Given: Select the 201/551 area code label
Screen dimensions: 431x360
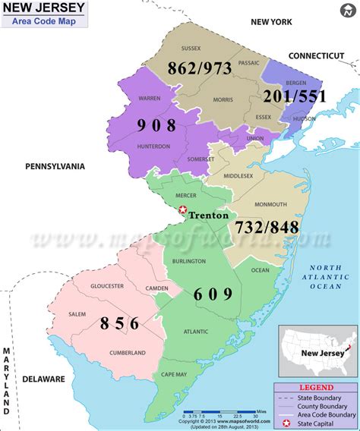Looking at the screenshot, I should point(295,96).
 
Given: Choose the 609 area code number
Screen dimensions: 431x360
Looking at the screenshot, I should point(213,294).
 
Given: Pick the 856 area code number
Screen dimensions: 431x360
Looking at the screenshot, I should point(120,323).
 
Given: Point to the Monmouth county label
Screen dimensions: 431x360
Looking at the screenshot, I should point(270,204).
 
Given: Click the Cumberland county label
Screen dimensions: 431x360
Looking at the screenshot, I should point(127,353).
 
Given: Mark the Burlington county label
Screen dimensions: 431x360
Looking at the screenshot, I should point(189,261).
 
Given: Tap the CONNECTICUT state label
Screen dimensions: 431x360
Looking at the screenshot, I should point(316,56).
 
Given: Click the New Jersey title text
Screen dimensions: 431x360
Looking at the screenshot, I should point(44,8).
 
